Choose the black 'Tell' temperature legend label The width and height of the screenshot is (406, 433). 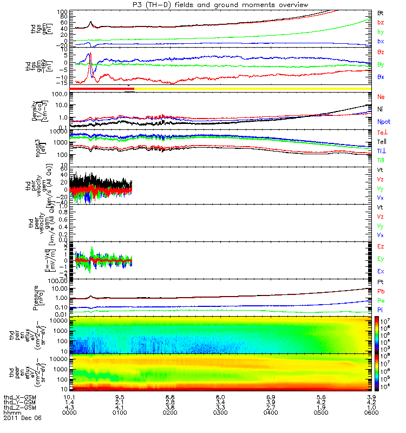tap(382, 141)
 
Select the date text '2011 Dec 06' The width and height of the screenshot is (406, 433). tap(22, 418)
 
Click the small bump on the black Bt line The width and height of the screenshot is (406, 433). tap(90, 23)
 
